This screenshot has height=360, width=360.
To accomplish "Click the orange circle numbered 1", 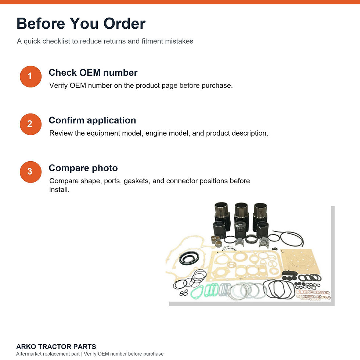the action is [30, 76].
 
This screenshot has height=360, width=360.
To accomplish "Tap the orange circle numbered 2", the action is [30, 124].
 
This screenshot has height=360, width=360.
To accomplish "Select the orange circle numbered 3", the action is [30, 172].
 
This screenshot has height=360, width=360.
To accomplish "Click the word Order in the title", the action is [125, 24].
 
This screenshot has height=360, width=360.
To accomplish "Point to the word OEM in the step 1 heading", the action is [90, 73].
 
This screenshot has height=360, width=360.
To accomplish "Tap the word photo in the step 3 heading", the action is [105, 169].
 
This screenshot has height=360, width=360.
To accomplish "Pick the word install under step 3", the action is [59, 190].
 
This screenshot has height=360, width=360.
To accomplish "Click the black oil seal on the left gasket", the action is [189, 258].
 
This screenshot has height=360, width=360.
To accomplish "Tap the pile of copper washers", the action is [313, 295].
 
